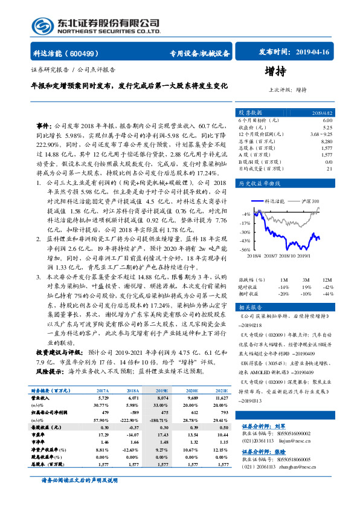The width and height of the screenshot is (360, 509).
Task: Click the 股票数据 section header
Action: coord(249,112)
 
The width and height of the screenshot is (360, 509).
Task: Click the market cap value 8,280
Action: coord(326,140)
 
